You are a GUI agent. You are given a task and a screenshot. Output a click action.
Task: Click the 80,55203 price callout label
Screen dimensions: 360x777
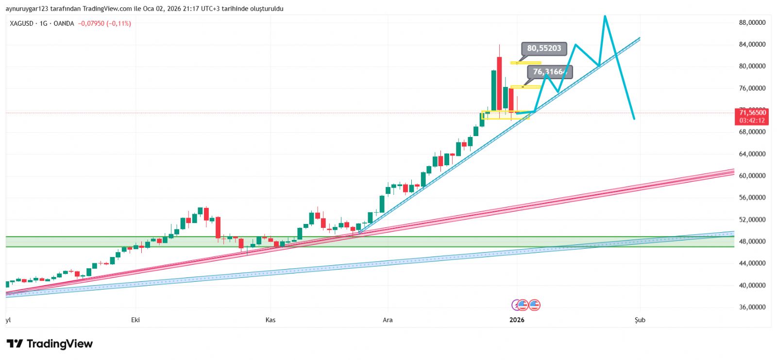point(544,48)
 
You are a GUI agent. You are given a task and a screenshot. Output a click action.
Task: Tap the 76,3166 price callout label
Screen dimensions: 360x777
point(550,72)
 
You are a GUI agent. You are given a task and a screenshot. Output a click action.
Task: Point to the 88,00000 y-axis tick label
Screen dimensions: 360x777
point(752,22)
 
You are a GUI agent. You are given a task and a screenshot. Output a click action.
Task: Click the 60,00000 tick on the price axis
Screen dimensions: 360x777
point(752,176)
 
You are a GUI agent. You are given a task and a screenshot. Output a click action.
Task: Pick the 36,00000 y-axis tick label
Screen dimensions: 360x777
point(752,307)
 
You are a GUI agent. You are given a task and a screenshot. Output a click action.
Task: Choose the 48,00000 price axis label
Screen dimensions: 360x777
point(752,241)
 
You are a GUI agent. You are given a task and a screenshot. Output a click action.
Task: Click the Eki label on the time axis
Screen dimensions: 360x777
point(135,320)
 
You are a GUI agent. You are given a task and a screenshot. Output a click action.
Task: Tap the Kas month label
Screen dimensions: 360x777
point(270,320)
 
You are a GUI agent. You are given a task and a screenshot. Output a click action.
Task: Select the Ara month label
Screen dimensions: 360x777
point(388,320)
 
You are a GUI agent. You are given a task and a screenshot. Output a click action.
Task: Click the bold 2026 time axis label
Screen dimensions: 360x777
point(517,320)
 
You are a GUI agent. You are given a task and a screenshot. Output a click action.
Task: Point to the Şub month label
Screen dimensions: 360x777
point(640,320)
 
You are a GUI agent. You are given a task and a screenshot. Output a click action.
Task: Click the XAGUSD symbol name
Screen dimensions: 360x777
point(21,23)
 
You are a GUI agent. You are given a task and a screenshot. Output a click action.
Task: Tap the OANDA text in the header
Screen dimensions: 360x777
point(64,23)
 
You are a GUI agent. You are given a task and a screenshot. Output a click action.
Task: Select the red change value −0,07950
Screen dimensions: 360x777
point(91,23)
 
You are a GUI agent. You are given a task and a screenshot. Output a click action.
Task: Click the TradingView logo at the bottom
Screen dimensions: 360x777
point(50,344)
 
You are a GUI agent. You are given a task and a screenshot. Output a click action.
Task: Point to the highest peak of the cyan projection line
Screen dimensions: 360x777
point(605,16)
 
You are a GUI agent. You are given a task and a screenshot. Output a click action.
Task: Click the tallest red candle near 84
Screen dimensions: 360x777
point(499,83)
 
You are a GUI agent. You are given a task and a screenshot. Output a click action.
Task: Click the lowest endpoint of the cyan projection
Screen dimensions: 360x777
point(634,119)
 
